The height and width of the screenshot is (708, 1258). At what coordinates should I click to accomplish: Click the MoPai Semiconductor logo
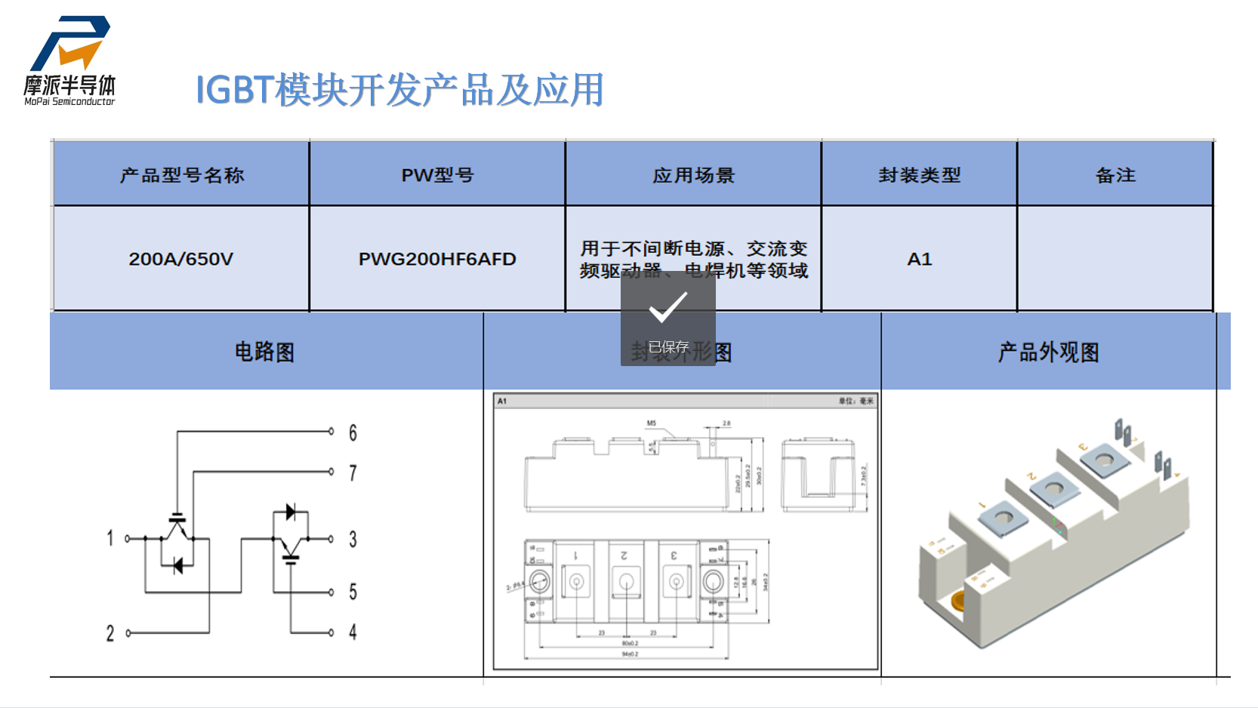click(x=69, y=60)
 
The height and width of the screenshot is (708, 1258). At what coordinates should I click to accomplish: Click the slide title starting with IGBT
click(x=399, y=90)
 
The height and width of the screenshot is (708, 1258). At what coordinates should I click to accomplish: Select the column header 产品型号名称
click(x=181, y=176)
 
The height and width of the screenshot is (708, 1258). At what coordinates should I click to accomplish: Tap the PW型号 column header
click(x=437, y=176)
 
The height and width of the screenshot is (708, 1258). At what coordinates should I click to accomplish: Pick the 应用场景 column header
click(x=693, y=176)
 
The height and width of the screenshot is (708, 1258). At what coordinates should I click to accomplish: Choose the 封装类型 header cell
click(x=919, y=176)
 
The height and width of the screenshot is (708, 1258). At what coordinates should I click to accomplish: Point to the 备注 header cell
click(x=1115, y=176)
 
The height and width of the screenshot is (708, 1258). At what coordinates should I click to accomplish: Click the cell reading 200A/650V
click(x=181, y=259)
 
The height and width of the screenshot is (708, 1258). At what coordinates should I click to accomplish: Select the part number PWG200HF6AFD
click(x=437, y=259)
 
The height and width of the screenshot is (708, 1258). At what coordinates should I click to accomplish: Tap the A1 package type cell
click(x=919, y=259)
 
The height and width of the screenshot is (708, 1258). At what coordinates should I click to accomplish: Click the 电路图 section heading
click(x=264, y=352)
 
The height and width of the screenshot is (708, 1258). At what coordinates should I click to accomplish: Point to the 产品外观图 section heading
click(x=1048, y=352)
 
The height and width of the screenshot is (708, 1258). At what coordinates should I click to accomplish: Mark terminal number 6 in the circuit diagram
click(x=353, y=432)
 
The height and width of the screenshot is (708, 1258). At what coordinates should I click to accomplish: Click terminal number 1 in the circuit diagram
click(x=110, y=538)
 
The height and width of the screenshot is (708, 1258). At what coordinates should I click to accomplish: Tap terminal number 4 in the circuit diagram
click(x=353, y=632)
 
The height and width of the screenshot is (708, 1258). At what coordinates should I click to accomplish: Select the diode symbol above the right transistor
click(x=291, y=513)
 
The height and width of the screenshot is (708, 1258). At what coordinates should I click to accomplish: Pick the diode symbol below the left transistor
click(x=178, y=565)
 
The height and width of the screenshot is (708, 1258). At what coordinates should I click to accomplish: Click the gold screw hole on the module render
click(x=960, y=602)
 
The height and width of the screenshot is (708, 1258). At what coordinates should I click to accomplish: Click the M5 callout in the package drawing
click(x=652, y=423)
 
